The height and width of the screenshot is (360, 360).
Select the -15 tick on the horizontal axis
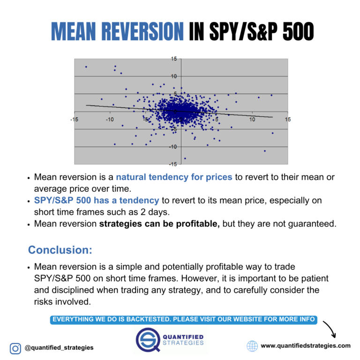(x=74, y=120)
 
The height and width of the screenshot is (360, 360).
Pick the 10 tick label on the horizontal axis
(x=252, y=120)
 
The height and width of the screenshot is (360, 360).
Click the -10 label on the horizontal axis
(x=109, y=120)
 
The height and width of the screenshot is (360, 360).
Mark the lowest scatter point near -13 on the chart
(x=185, y=158)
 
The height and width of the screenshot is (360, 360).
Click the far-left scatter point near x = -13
(x=86, y=67)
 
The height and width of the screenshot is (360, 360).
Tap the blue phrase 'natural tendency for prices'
(x=174, y=177)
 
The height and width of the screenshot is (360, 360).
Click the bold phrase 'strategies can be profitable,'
(x=159, y=224)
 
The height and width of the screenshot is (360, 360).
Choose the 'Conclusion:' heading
(x=60, y=248)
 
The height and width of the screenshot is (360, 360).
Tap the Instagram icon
(x=15, y=348)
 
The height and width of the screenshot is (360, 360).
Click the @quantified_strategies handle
(x=59, y=348)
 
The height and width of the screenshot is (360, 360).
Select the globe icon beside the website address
(x=252, y=346)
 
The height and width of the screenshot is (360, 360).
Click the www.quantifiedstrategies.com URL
(x=305, y=346)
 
